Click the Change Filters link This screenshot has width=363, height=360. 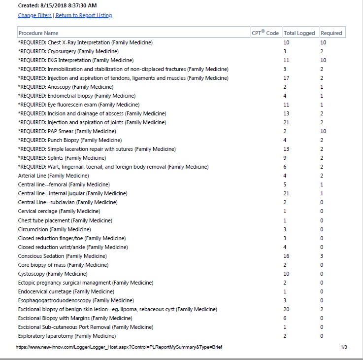coord(34,15)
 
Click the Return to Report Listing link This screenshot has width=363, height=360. coord(84,15)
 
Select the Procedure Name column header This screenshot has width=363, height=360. coord(38,33)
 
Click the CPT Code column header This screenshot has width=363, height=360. coord(265,33)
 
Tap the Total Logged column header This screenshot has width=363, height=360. coord(299,33)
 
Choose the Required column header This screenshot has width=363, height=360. coord(331,33)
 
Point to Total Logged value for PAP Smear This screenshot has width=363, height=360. coord(285,131)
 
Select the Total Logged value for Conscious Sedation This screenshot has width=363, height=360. coord(286,256)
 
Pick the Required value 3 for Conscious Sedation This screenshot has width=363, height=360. coord(322,256)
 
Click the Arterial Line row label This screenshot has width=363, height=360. coord(53,176)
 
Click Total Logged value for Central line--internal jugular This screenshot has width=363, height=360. coord(286,193)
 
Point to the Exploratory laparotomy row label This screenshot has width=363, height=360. coord(66,336)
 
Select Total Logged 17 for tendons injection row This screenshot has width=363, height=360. coord(286,78)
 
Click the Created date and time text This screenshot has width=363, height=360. coord(58,5)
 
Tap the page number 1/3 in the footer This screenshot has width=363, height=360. coord(344,347)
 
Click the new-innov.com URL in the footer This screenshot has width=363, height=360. coord(119,347)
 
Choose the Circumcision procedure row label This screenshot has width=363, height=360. coord(54,229)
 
